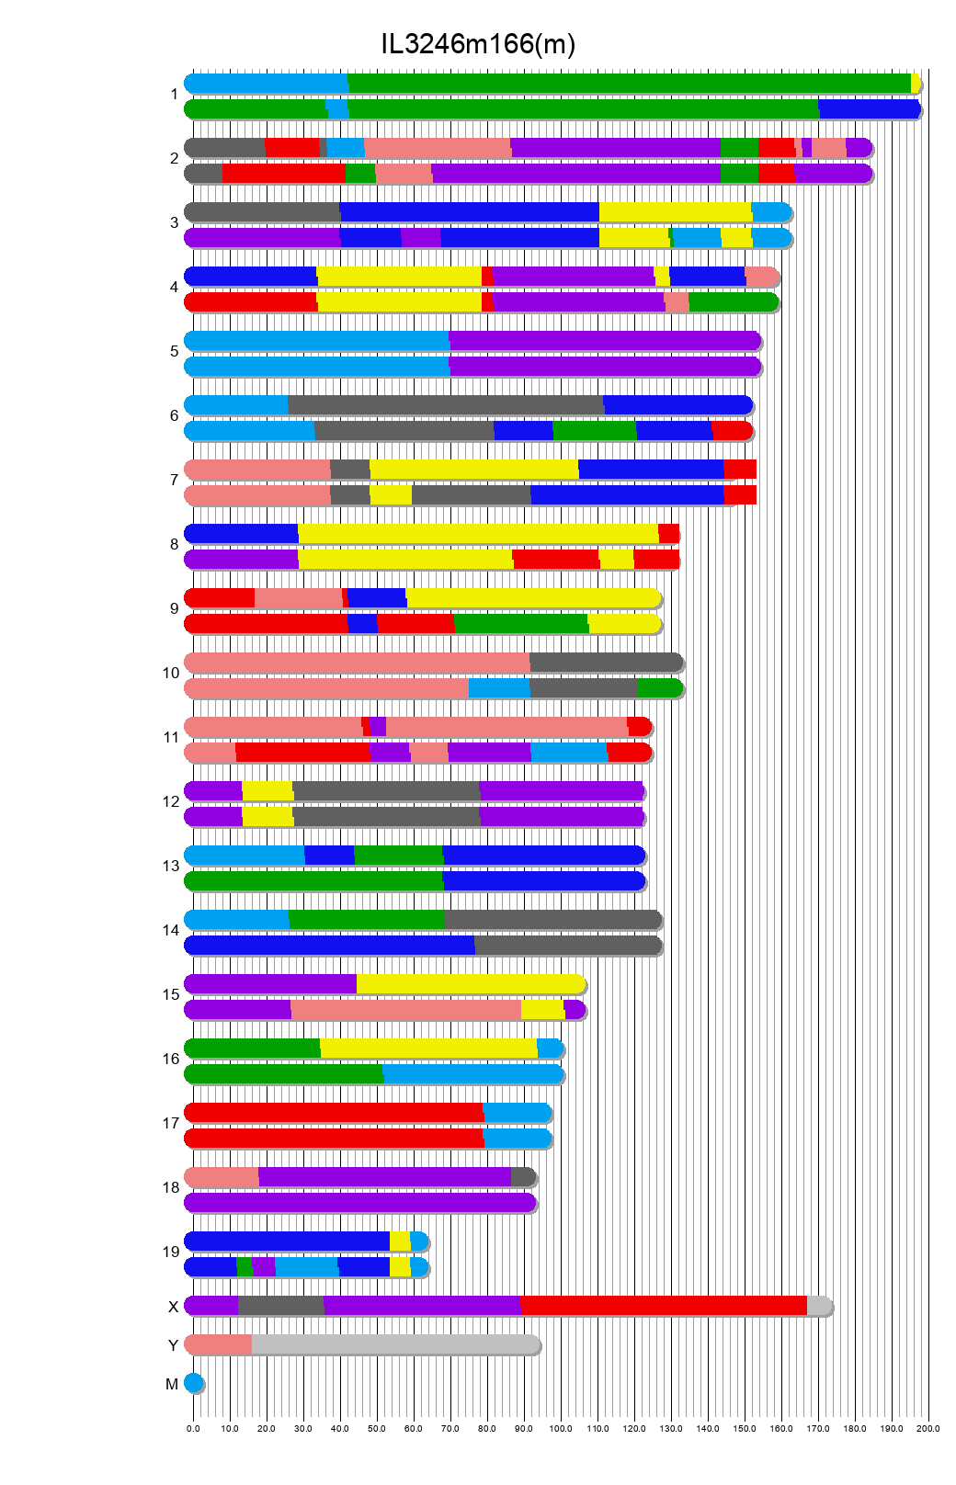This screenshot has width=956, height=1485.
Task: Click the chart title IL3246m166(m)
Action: point(478,44)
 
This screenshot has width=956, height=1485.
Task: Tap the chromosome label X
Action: point(173,1307)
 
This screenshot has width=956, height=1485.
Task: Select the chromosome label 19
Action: point(171,1252)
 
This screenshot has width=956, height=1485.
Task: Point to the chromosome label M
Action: point(172,1384)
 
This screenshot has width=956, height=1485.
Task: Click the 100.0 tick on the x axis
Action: point(561,1428)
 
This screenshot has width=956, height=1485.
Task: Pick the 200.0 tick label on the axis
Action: point(928,1428)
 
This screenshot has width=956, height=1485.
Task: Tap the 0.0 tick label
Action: point(193,1428)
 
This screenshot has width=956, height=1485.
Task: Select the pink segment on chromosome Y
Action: point(219,1344)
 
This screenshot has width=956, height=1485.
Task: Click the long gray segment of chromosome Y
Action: point(395,1344)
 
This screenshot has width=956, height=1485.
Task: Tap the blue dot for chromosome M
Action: point(193,1382)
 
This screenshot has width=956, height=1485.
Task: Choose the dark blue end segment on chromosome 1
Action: point(868,109)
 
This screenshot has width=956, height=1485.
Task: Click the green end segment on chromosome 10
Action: point(658,687)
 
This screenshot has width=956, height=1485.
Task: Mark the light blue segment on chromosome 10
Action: point(499,687)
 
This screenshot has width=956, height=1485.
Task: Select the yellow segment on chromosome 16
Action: point(428,1048)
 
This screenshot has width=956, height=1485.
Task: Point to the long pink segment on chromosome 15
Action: point(406,1009)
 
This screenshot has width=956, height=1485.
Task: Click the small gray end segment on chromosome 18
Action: point(522,1176)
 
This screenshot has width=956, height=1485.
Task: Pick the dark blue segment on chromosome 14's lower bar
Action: point(329,945)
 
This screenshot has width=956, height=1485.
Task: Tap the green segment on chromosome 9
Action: point(521,623)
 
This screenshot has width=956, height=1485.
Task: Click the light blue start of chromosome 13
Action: point(245,855)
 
